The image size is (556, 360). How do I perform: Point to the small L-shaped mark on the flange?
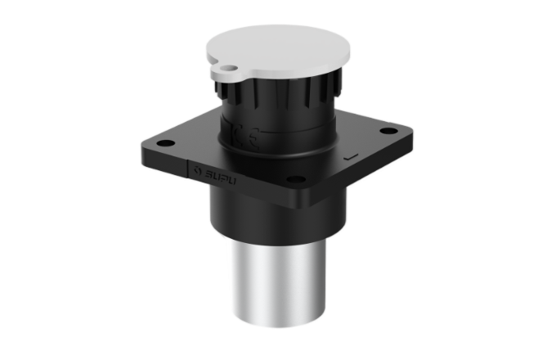coord(352,155)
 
